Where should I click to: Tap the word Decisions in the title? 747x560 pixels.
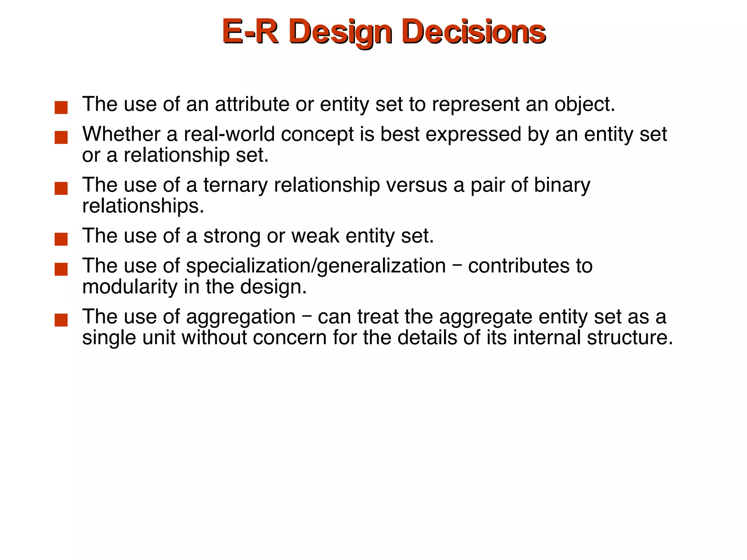click(x=475, y=32)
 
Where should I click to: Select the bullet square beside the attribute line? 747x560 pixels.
click(x=61, y=108)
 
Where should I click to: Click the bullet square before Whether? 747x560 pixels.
click(x=61, y=137)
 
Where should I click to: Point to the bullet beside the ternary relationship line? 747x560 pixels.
click(x=61, y=188)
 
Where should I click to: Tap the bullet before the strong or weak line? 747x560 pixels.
click(x=61, y=239)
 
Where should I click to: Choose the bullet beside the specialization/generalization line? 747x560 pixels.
click(x=61, y=269)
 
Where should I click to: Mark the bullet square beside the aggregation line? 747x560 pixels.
click(x=61, y=320)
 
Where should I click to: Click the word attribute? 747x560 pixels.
click(x=252, y=104)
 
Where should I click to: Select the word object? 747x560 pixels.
click(x=584, y=105)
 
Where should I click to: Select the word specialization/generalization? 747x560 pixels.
click(x=316, y=266)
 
